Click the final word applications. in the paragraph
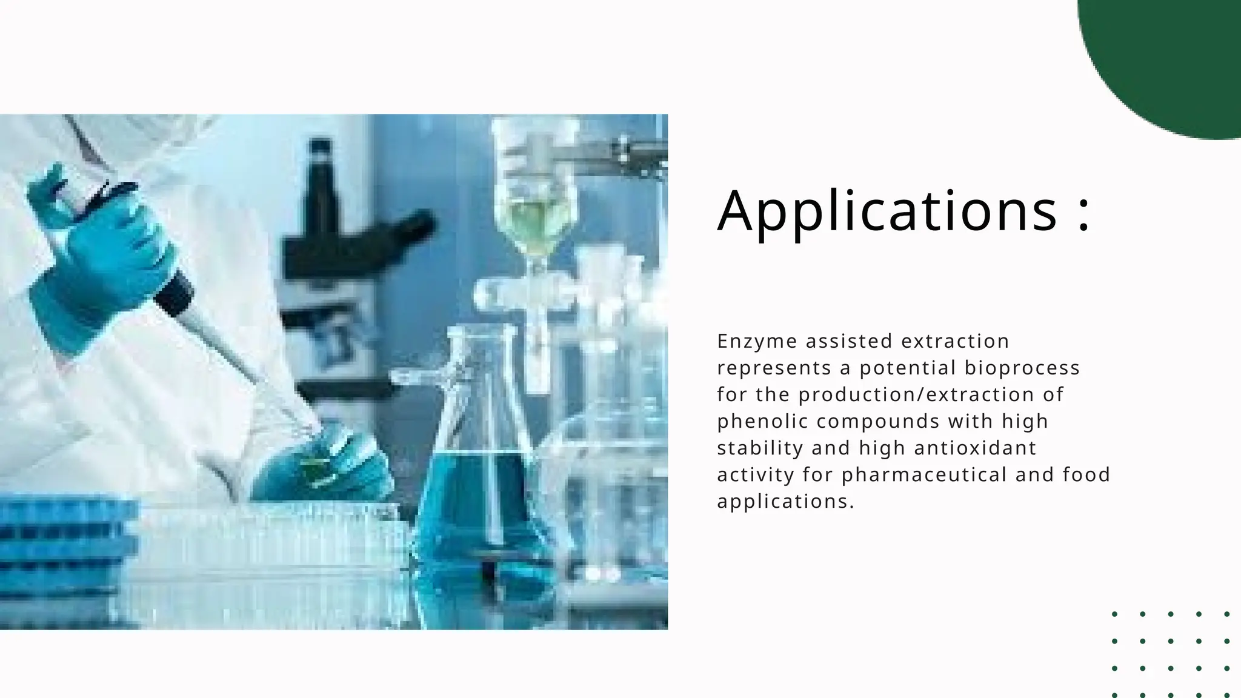785,502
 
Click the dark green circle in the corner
1169,55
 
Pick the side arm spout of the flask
418,378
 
